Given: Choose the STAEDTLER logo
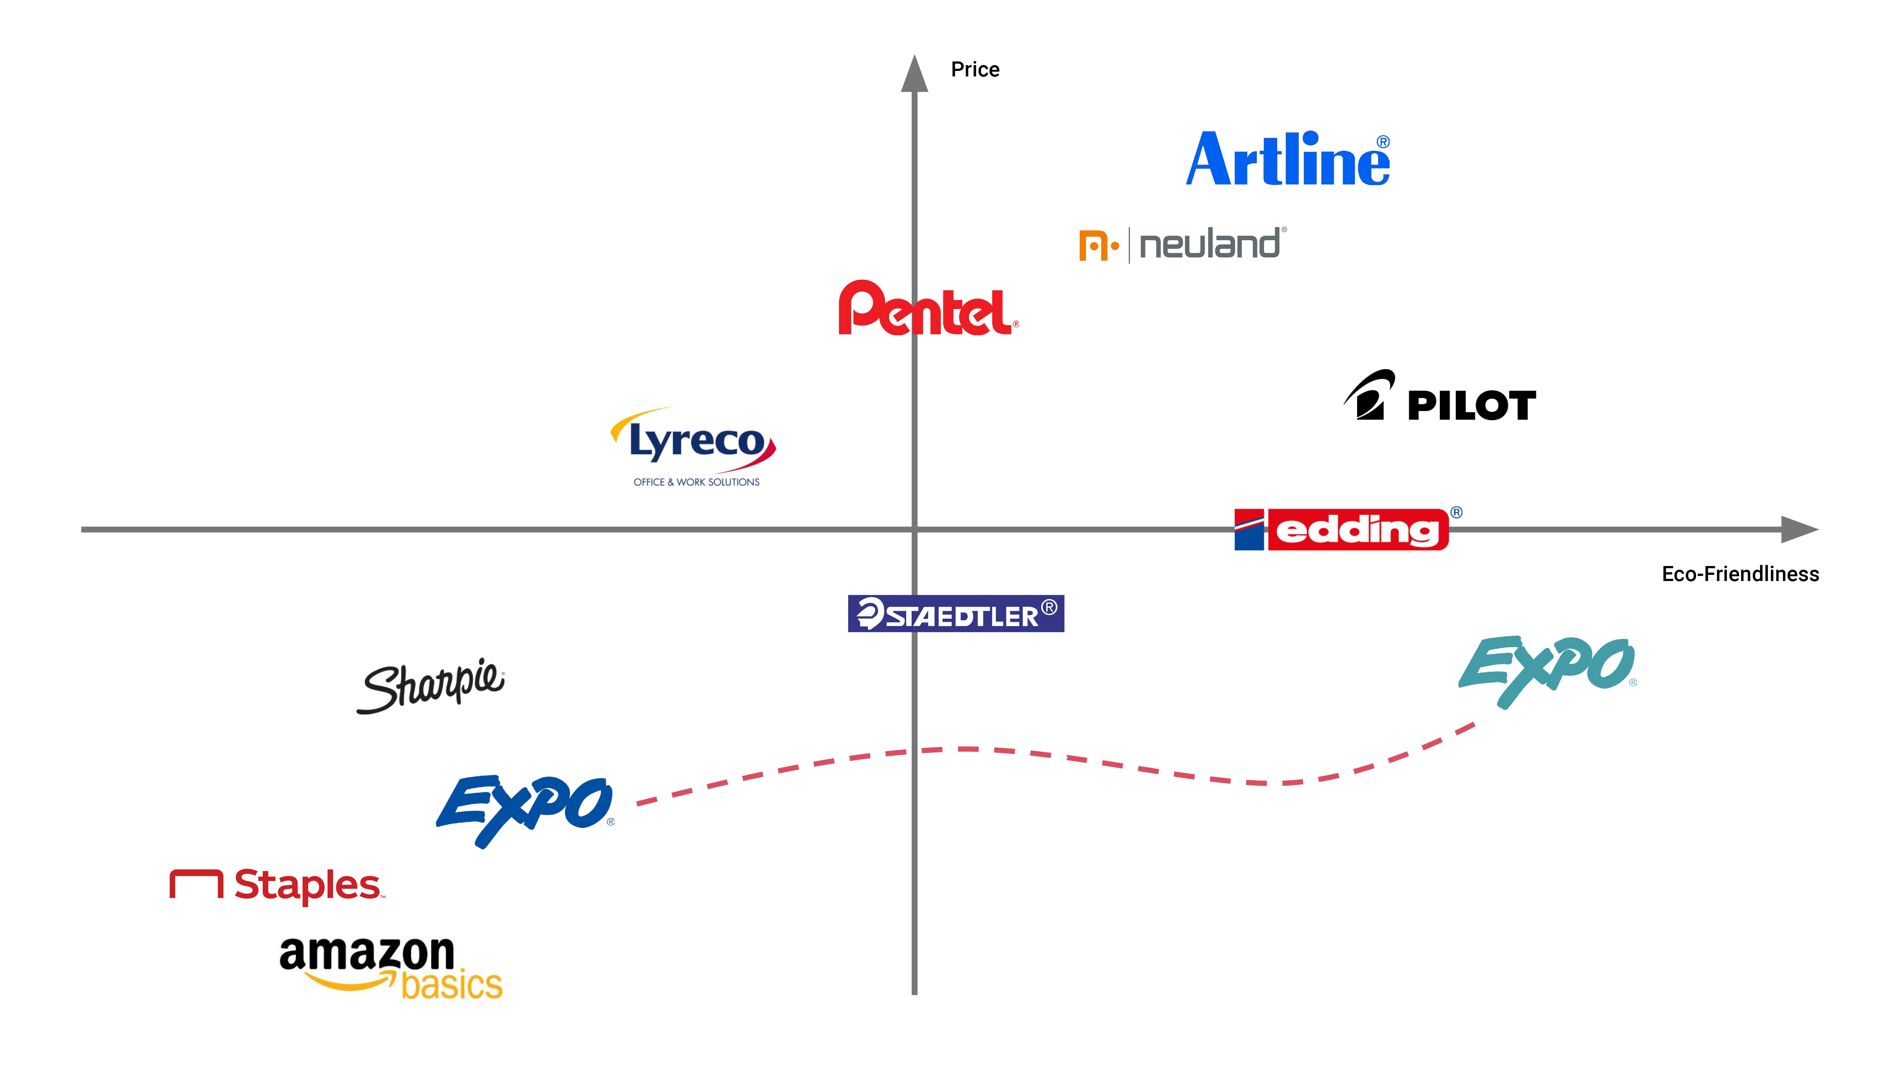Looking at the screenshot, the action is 955,614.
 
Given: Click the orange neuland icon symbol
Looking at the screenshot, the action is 1097,246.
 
